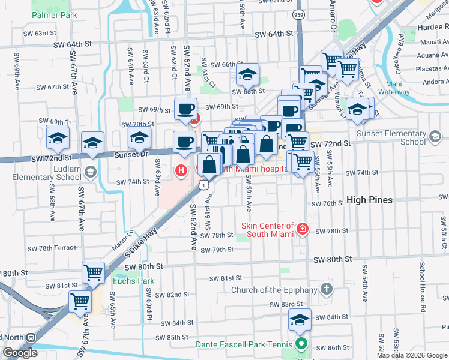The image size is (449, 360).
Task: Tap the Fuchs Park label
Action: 133,280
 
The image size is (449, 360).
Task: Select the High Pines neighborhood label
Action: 369,200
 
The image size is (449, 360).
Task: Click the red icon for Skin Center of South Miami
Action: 303,229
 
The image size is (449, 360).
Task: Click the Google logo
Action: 20,353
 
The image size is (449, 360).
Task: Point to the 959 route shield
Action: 298,13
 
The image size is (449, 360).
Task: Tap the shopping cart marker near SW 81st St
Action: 80,302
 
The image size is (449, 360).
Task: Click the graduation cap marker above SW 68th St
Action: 247,74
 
